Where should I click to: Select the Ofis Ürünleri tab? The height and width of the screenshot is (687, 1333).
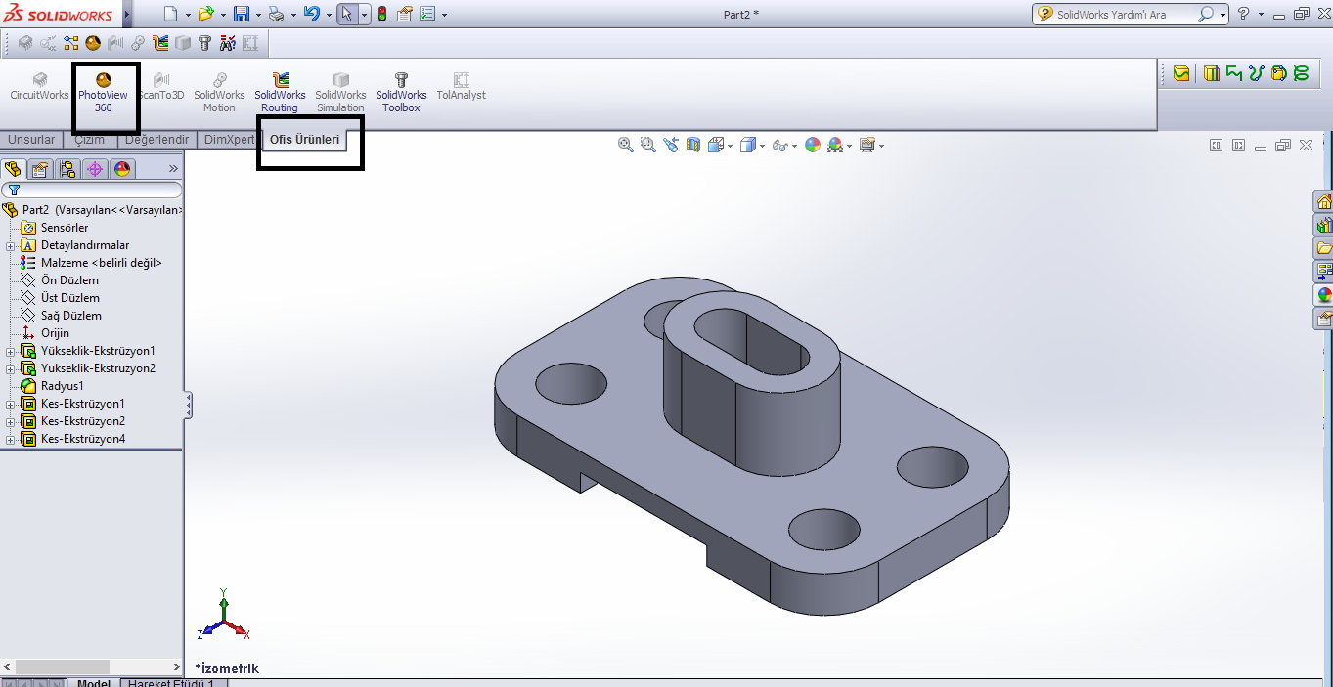(304, 140)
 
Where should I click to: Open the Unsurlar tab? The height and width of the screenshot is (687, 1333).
(31, 140)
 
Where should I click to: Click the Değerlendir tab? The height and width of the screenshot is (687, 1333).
(156, 140)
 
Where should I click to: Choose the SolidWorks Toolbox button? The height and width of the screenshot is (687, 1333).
(401, 93)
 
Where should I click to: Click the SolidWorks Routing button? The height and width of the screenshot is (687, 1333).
(280, 93)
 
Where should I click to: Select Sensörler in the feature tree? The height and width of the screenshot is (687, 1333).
(65, 228)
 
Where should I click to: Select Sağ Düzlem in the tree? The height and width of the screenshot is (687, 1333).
(70, 316)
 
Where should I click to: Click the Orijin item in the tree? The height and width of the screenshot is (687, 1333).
(55, 333)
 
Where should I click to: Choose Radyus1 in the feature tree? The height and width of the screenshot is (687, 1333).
(62, 386)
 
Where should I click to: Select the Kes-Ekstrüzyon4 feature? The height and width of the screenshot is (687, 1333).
(82, 439)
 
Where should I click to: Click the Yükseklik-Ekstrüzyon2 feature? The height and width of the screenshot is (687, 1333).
(98, 368)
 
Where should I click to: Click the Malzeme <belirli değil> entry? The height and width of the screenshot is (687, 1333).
(101, 263)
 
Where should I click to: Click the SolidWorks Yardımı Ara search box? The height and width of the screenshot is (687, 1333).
(1125, 15)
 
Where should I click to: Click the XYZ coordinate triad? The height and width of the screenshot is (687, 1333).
(224, 618)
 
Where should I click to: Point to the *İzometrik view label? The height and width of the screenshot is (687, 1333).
(227, 668)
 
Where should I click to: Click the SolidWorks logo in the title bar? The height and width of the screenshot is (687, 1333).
(60, 15)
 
